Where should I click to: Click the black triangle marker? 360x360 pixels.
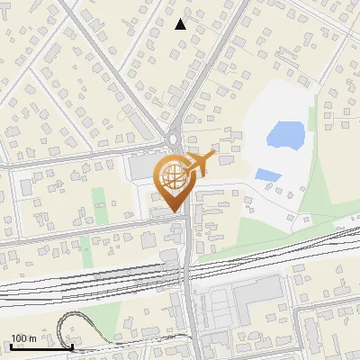coord(181,24)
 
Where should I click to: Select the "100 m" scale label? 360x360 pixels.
coord(23,338)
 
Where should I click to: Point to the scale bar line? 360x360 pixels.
coord(41,346)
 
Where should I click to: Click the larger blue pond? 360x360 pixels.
coord(284,136)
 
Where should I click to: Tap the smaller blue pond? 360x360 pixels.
coord(267,175)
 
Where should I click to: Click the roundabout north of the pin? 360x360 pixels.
coord(175,139)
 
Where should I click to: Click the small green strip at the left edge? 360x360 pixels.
coord(3,162)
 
